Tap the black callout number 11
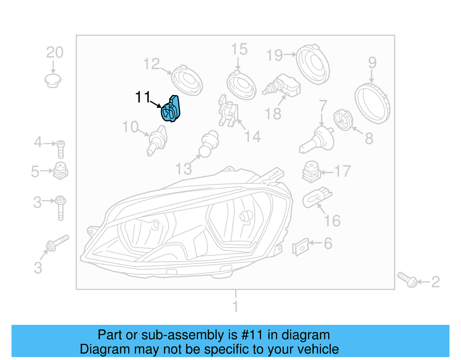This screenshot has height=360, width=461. point(143,97)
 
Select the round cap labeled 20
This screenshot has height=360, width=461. point(53,80)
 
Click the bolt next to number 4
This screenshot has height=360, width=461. point(61,149)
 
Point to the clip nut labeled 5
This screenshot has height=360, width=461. point(61,171)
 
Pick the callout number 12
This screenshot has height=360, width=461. point(152,64)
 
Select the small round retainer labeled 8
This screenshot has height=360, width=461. point(343,120)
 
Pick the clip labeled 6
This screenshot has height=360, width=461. point(300,247)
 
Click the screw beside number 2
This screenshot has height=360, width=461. point(407,279)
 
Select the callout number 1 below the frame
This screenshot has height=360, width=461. point(235,306)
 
